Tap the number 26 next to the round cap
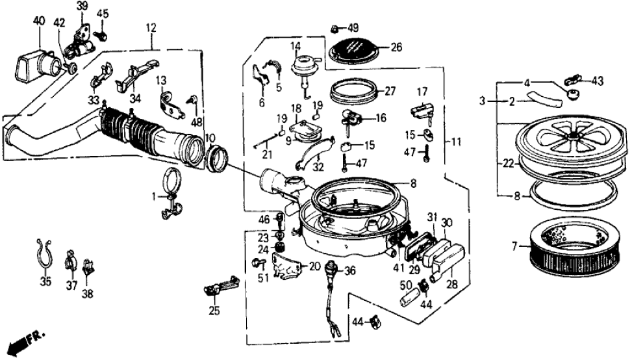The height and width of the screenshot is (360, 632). coord(396,46)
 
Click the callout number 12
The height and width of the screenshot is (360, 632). coord(151,28)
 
